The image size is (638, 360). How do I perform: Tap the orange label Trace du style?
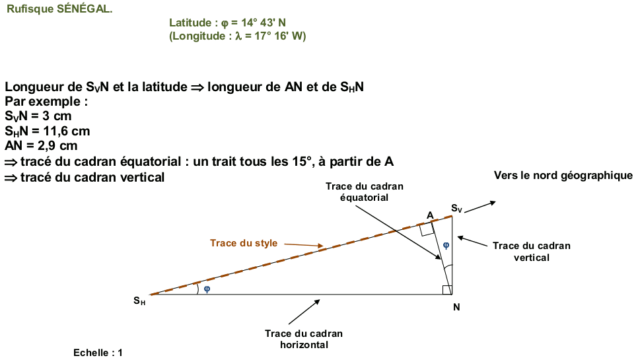(244, 243)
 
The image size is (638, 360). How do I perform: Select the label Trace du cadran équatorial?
(364, 192)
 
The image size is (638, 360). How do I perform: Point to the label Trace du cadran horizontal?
(304, 339)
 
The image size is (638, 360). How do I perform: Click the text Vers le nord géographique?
(563, 176)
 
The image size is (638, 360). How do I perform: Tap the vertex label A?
(430, 215)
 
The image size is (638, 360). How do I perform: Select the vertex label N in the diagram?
(457, 307)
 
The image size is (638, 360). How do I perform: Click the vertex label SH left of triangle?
(139, 301)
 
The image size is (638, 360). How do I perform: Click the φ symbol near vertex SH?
(207, 289)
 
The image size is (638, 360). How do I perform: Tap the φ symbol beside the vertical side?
(446, 245)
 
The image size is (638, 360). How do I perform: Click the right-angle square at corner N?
(447, 290)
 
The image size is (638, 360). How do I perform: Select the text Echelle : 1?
(98, 353)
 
